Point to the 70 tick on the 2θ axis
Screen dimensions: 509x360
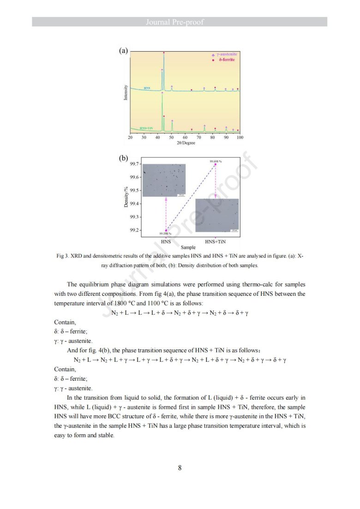(x=199, y=138)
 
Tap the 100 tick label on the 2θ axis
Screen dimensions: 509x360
(x=240, y=138)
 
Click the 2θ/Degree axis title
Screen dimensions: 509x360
(x=186, y=143)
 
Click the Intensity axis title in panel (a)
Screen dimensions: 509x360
(x=126, y=92)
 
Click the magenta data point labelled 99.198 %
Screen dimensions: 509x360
(x=166, y=230)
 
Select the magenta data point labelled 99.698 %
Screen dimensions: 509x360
(x=216, y=165)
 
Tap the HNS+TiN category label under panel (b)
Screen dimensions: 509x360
(x=216, y=241)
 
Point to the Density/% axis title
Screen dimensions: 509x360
(x=126, y=196)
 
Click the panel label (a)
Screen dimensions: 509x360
(x=123, y=51)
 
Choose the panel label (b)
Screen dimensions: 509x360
(x=123, y=158)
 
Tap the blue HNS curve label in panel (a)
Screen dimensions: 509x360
(x=147, y=87)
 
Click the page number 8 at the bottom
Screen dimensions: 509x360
(x=180, y=468)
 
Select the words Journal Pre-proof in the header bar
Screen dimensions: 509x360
(x=180, y=22)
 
